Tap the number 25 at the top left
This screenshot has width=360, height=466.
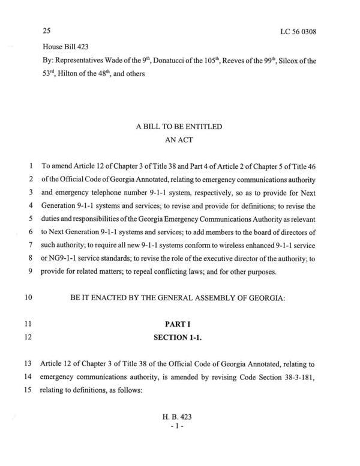point(47,30)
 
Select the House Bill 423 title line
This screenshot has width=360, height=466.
point(67,46)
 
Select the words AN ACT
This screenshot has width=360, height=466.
point(181,141)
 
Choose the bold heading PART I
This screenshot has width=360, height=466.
point(181,322)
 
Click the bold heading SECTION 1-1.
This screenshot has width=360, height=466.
point(181,337)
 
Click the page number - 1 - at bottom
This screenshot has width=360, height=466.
point(181,442)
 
